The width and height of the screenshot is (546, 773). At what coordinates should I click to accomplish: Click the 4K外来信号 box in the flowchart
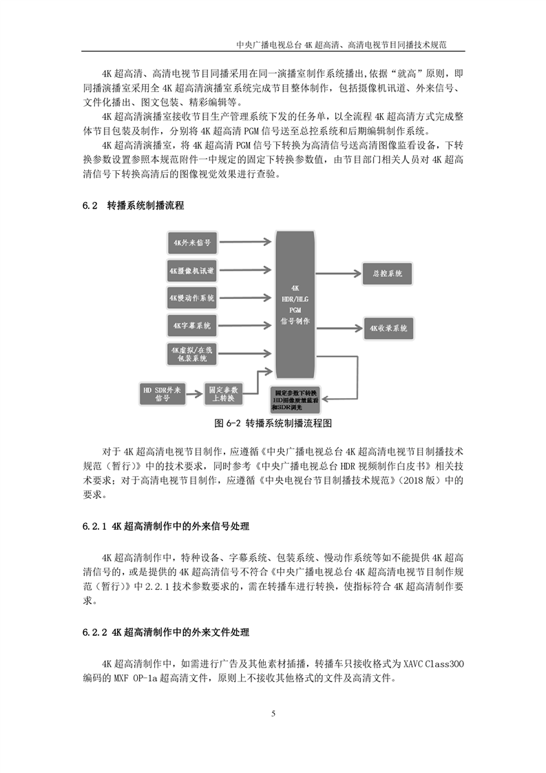[192, 243]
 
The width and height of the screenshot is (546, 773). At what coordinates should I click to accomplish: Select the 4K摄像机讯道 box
[192, 271]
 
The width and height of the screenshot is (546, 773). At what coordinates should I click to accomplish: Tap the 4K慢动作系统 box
[192, 298]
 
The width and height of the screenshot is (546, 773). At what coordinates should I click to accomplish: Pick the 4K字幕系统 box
[192, 325]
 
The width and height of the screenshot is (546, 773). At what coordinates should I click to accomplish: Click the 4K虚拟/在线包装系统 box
[192, 353]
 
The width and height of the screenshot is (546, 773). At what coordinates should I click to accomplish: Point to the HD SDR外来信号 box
[162, 394]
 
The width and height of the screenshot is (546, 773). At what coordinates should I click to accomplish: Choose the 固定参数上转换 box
[222, 394]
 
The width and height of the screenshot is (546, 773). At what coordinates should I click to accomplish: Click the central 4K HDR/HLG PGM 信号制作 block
[295, 304]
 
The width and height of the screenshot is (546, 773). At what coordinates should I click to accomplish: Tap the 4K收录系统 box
[388, 328]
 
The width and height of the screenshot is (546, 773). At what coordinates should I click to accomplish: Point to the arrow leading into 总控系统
[337, 273]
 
